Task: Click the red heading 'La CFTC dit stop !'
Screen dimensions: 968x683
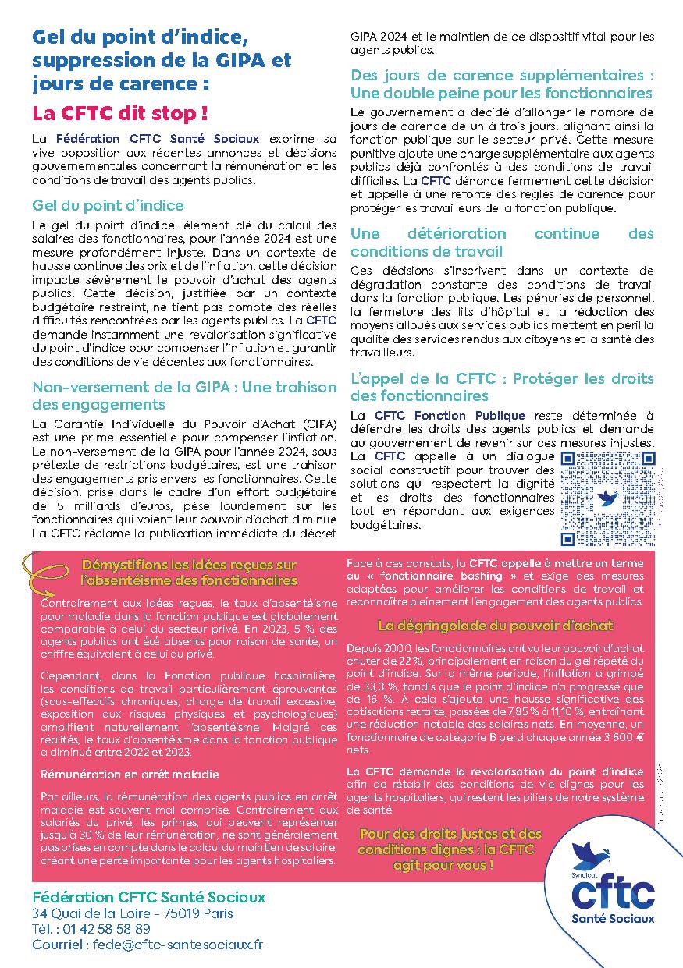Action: coord(120,113)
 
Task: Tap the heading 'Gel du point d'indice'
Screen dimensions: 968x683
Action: coord(108,205)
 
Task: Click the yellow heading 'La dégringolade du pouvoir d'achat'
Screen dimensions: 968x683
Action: coord(495,626)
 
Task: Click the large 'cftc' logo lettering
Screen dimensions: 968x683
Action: coord(613,890)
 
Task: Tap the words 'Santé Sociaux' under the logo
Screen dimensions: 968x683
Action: coord(613,918)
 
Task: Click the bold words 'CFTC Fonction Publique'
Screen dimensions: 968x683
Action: coord(450,416)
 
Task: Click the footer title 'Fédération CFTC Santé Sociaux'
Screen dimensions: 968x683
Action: coord(149,897)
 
